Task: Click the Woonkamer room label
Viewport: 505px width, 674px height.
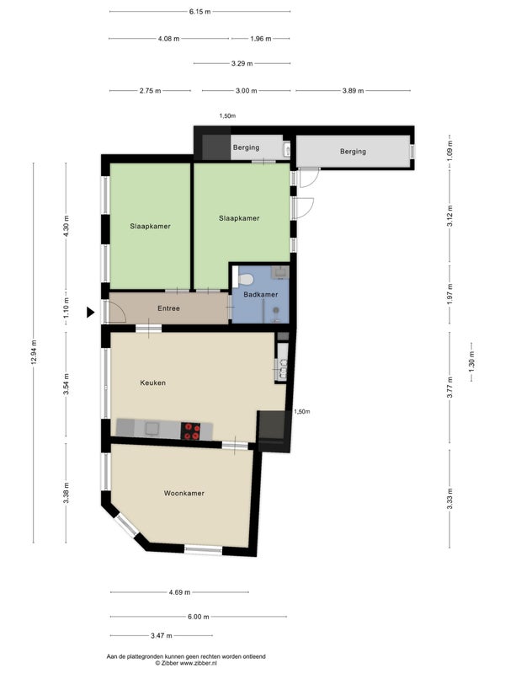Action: tap(183, 493)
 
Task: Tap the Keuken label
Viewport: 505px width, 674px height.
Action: tap(153, 382)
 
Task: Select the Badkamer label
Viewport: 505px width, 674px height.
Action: tap(261, 294)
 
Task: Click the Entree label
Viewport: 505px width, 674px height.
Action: tap(169, 308)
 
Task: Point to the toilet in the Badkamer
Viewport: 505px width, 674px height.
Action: tap(246, 280)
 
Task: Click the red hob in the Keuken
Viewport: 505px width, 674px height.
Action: tap(191, 431)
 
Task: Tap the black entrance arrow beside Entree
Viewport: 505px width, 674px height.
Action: tap(90, 312)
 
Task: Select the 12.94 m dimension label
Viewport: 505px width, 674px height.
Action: tap(34, 352)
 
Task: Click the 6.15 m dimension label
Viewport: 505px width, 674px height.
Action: tap(200, 12)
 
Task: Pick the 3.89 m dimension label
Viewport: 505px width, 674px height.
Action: tap(353, 91)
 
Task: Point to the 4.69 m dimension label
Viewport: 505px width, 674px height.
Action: tap(179, 592)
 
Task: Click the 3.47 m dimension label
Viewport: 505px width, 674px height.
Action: tap(162, 635)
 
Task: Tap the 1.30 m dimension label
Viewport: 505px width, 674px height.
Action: tap(471, 361)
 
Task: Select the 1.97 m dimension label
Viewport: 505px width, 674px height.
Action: tap(449, 294)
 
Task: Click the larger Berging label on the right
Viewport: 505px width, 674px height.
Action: tap(353, 152)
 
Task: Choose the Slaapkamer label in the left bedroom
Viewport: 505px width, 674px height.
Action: tap(151, 226)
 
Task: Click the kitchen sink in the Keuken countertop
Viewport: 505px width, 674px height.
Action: tap(151, 429)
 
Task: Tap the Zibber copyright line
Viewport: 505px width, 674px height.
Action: tap(186, 663)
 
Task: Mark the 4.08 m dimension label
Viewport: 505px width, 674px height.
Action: tap(169, 38)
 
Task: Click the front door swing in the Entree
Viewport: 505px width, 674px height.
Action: tap(118, 312)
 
